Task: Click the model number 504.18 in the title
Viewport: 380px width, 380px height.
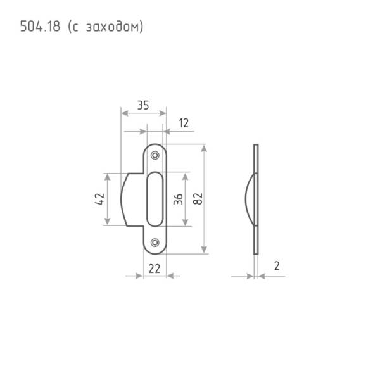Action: (40, 26)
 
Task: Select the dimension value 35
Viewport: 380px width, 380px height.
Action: (143, 105)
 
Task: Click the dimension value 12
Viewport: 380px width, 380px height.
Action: (184, 123)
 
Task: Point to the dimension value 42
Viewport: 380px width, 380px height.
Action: (100, 199)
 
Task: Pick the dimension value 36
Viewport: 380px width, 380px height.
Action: (178, 199)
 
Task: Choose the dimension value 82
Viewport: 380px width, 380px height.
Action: (198, 199)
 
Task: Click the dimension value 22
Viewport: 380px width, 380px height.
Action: (155, 269)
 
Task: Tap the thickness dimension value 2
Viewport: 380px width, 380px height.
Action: (277, 266)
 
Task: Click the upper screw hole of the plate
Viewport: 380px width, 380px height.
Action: (155, 155)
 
